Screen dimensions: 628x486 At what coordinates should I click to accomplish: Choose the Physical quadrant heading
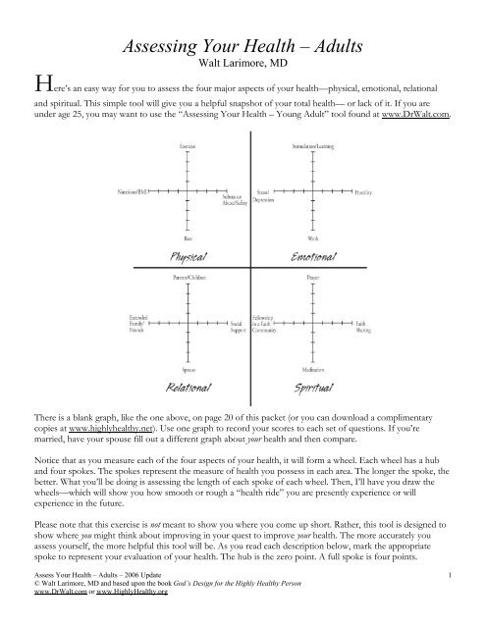188,255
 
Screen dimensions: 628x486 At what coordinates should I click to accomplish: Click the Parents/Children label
189,279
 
